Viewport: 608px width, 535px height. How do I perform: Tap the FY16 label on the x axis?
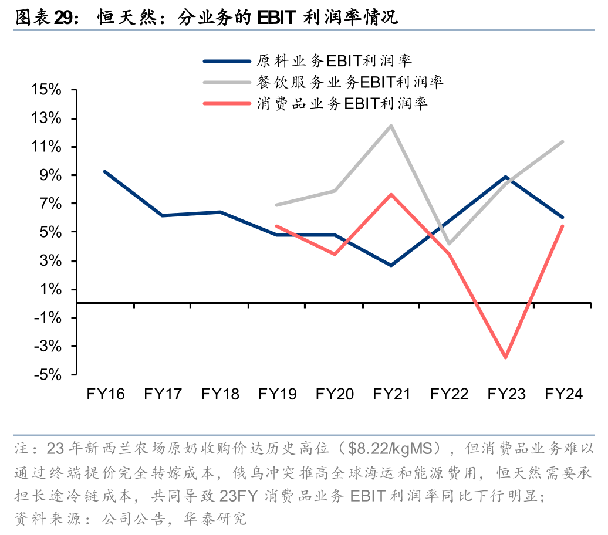pyautogui.click(x=106, y=394)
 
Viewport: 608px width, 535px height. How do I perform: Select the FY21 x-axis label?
pyautogui.click(x=391, y=394)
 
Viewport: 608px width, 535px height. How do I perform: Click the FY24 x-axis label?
pyautogui.click(x=563, y=394)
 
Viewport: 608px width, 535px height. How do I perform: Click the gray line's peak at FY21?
pyautogui.click(x=391, y=126)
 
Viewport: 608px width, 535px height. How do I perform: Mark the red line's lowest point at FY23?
pyautogui.click(x=505, y=357)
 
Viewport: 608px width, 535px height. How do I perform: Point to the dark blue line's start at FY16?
pyautogui.click(x=105, y=171)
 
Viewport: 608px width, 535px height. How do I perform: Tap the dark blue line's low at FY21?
pyautogui.click(x=391, y=265)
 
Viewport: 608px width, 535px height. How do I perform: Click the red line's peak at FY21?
pyautogui.click(x=391, y=194)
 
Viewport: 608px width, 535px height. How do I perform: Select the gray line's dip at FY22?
pyautogui.click(x=448, y=243)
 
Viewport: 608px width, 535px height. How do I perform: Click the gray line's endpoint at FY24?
pyautogui.click(x=563, y=141)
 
